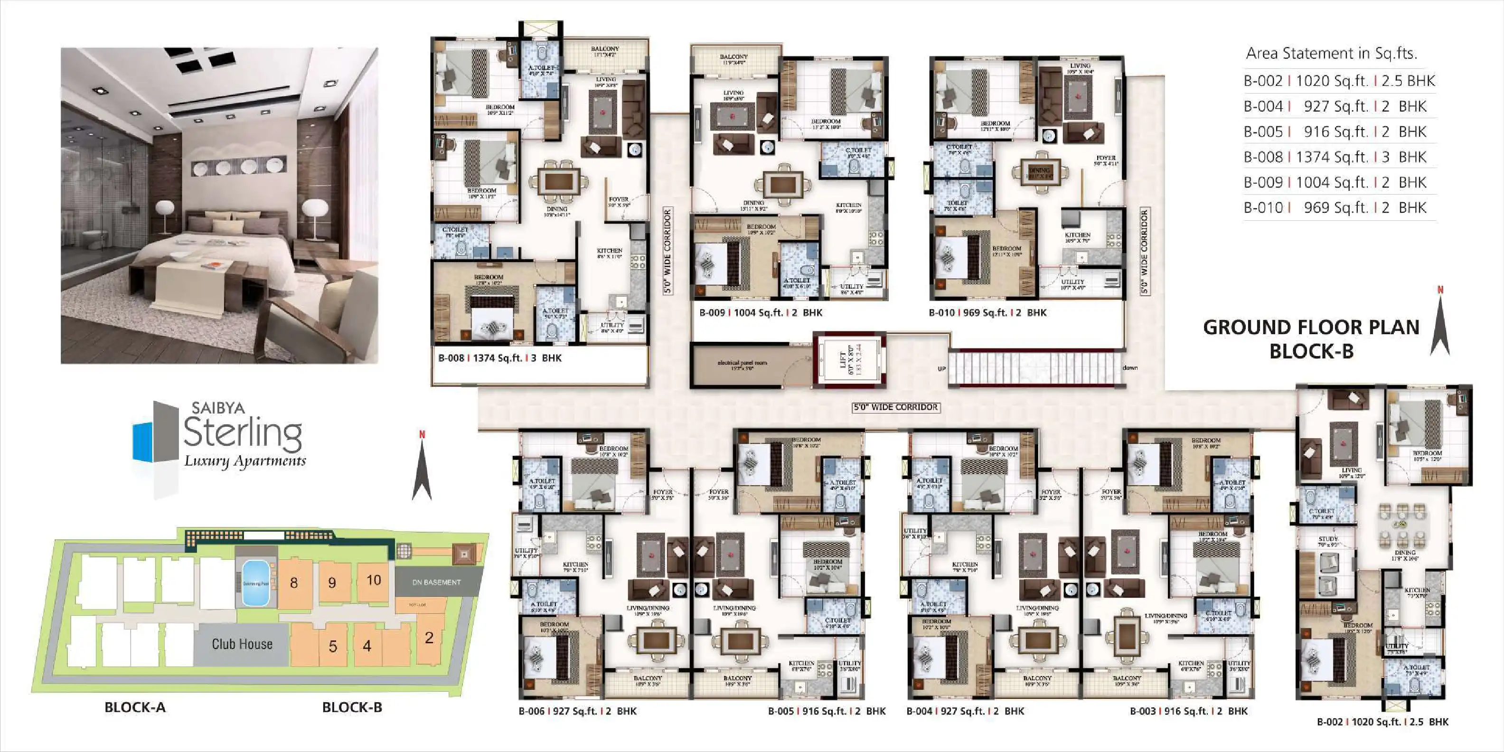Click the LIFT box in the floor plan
850,360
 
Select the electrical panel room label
742,364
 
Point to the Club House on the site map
242,644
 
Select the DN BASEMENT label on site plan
436,582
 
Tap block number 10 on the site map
373,580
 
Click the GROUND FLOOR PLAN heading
1311,328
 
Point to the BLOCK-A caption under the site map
135,707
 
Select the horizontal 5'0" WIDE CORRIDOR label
896,407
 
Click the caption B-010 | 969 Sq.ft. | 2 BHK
987,313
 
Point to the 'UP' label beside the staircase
941,369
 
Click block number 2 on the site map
429,638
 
